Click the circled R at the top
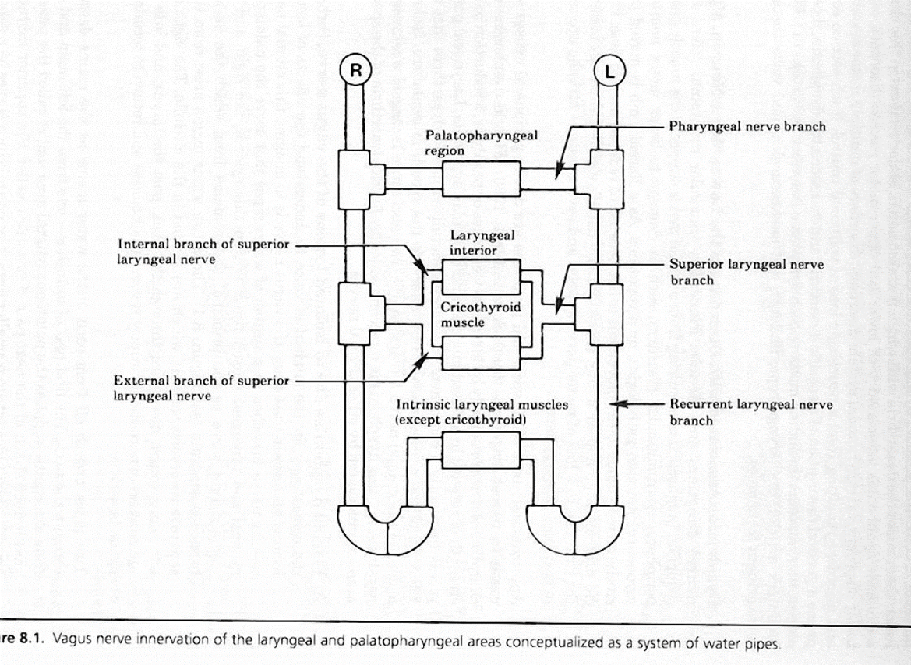355,70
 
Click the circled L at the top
609,72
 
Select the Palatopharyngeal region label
482,142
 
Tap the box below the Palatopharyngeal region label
481,179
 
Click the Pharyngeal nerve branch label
747,127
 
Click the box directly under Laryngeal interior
481,277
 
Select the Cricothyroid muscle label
481,315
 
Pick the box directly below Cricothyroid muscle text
481,353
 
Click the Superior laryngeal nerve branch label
747,272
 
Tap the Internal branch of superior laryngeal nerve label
203,252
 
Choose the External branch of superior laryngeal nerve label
201,388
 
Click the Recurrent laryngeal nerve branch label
750,412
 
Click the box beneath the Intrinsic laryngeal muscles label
481,450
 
